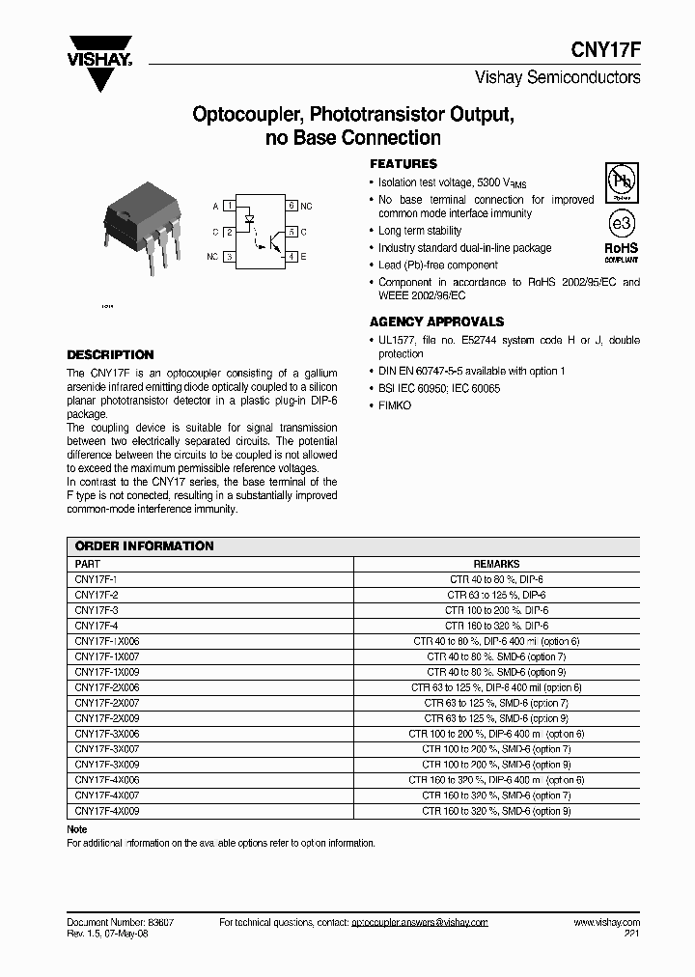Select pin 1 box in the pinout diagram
pyautogui.click(x=229, y=206)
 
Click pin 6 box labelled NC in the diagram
pyautogui.click(x=292, y=206)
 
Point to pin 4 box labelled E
pyautogui.click(x=292, y=257)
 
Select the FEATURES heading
pyautogui.click(x=403, y=164)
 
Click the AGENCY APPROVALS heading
pyautogui.click(x=436, y=321)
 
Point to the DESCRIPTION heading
pyautogui.click(x=110, y=354)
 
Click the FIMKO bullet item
pyautogui.click(x=395, y=405)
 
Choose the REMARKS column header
pyautogui.click(x=496, y=564)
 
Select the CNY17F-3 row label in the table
pyautogui.click(x=97, y=610)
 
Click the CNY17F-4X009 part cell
pyautogui.click(x=107, y=811)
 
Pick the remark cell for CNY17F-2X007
pyautogui.click(x=496, y=703)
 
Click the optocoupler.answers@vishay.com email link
pyautogui.click(x=419, y=922)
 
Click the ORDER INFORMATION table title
pyautogui.click(x=144, y=545)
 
